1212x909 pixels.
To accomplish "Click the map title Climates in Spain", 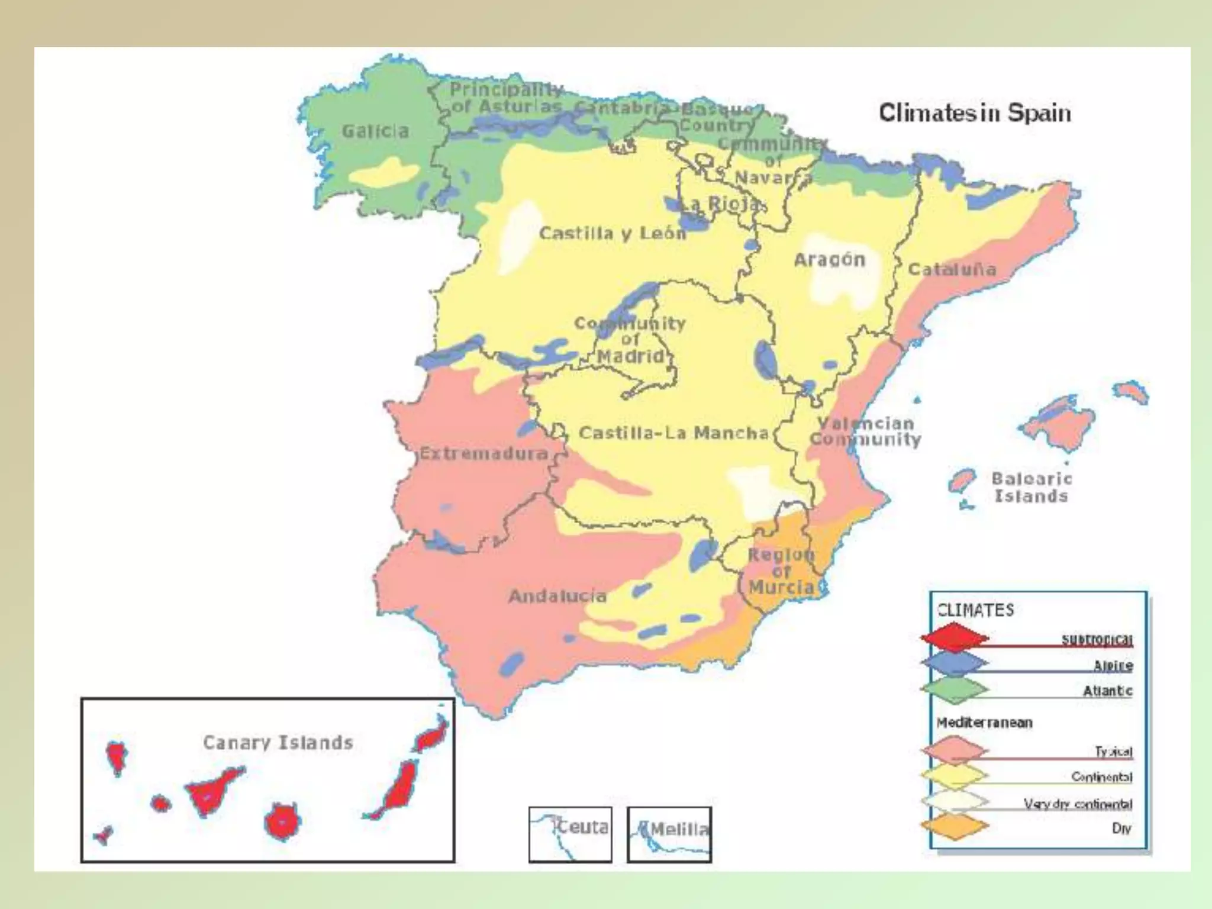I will point(974,112).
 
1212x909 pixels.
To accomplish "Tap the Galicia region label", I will point(375,131).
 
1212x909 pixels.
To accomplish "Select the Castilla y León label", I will point(612,233).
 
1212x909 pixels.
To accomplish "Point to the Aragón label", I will point(829,259).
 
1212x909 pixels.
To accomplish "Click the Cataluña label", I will point(952,269).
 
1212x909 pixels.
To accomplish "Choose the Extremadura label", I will point(483,454).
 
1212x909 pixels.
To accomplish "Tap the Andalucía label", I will point(557,595).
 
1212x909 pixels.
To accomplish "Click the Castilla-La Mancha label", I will point(673,433).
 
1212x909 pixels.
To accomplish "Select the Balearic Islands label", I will point(1031,487).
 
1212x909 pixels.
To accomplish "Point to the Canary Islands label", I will point(278,742).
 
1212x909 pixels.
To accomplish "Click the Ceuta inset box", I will point(570,834).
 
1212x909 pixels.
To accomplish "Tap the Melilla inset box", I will point(669,834).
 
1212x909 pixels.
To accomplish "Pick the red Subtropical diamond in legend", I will point(953,638).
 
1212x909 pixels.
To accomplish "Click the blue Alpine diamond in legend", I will point(953,663).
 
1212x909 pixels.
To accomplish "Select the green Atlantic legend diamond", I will point(953,689).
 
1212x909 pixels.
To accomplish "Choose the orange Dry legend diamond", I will point(953,827).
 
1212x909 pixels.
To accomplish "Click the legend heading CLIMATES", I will point(975,610).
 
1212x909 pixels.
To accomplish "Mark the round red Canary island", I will point(282,822).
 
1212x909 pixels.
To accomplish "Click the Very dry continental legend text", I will point(1078,803).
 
